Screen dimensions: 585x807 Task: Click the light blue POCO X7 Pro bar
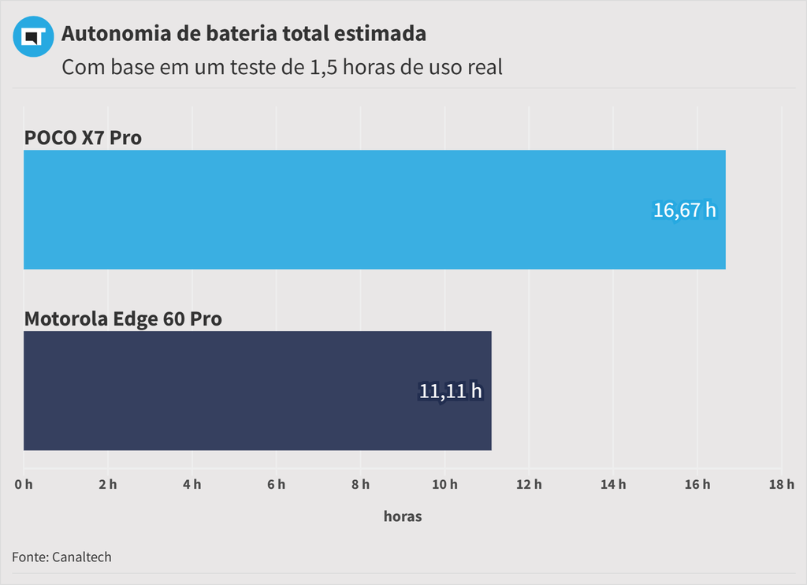pyautogui.click(x=374, y=210)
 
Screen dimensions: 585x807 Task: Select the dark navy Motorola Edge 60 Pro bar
pyautogui.click(x=258, y=390)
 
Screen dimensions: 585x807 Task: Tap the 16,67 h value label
pyautogui.click(x=685, y=211)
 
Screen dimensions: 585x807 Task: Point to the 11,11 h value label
pyautogui.click(x=450, y=390)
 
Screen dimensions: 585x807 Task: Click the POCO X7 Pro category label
pyautogui.click(x=83, y=137)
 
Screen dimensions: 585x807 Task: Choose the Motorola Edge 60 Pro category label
pyautogui.click(x=123, y=319)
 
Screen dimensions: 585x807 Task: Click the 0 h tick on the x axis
pyautogui.click(x=24, y=484)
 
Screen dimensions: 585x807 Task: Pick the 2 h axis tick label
pyautogui.click(x=108, y=484)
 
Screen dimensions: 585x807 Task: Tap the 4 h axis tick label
pyautogui.click(x=192, y=484)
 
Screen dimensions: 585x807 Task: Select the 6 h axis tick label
pyautogui.click(x=276, y=484)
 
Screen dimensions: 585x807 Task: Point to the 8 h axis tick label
pyautogui.click(x=360, y=484)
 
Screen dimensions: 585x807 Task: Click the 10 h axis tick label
pyautogui.click(x=444, y=484)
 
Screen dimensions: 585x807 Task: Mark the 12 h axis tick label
pyautogui.click(x=529, y=484)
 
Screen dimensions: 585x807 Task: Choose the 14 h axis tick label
pyautogui.click(x=613, y=484)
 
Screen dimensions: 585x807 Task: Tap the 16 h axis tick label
pyautogui.click(x=697, y=484)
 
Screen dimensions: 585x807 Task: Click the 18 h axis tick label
pyautogui.click(x=781, y=484)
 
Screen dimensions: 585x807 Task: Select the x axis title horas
pyautogui.click(x=403, y=516)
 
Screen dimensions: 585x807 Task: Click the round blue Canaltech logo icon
pyautogui.click(x=33, y=37)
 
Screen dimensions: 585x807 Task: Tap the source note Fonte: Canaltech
pyautogui.click(x=61, y=557)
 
